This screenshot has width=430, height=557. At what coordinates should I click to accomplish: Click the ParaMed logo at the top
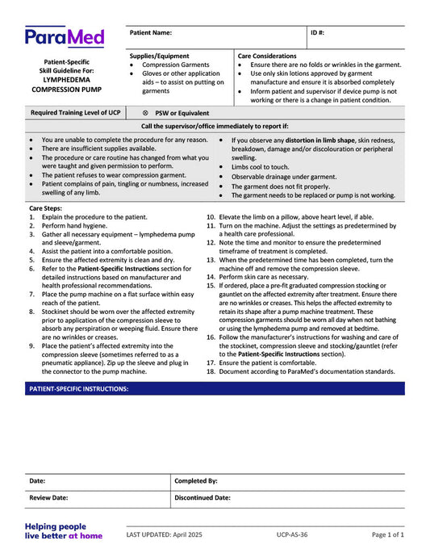[64, 36]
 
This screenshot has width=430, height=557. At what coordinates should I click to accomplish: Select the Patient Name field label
[151, 33]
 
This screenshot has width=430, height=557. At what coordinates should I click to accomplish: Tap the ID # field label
[317, 33]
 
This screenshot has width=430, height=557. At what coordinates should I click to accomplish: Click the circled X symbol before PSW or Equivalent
[145, 114]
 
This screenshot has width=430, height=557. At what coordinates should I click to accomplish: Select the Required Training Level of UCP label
[72, 114]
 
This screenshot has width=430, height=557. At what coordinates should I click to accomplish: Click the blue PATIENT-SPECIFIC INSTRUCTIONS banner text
[78, 389]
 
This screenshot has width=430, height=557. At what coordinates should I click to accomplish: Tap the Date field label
[38, 480]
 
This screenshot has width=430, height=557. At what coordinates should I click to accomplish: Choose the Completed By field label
[196, 480]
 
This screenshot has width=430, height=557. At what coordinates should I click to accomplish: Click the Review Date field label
[48, 498]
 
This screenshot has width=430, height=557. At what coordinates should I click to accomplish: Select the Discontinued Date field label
[202, 498]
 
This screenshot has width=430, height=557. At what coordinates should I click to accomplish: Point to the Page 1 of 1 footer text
[387, 534]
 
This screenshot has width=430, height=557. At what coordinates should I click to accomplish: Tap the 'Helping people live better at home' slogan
[64, 530]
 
